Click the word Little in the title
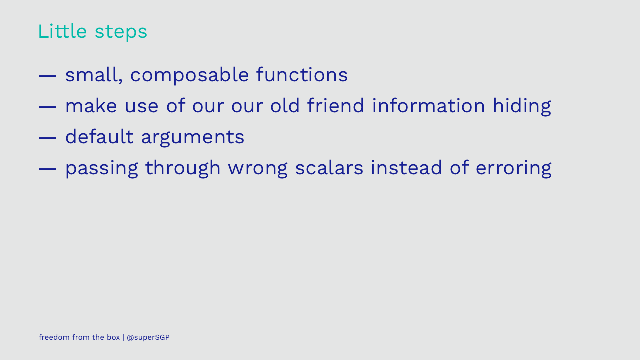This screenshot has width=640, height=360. [x=62, y=31]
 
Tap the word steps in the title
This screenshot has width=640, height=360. [x=121, y=32]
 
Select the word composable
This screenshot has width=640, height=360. [x=189, y=75]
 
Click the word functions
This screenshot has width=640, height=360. [x=302, y=75]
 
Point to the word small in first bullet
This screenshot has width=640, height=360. [x=94, y=75]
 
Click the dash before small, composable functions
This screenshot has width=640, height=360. [x=47, y=76]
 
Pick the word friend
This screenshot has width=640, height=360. [x=336, y=105]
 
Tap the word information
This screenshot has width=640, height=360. [x=429, y=105]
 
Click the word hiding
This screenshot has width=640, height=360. [x=522, y=107]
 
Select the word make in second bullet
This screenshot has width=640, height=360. [x=91, y=105]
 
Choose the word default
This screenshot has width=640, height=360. [x=99, y=136]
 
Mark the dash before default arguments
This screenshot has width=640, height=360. [x=47, y=138]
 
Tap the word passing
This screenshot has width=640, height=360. [x=102, y=169]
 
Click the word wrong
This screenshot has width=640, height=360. [x=257, y=169]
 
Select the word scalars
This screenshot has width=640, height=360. [x=329, y=167]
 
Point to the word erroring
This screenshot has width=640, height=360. [x=513, y=169]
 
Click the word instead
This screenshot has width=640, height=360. [x=406, y=167]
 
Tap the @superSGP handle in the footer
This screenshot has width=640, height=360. [x=148, y=337]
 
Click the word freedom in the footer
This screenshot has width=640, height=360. [x=54, y=337]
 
